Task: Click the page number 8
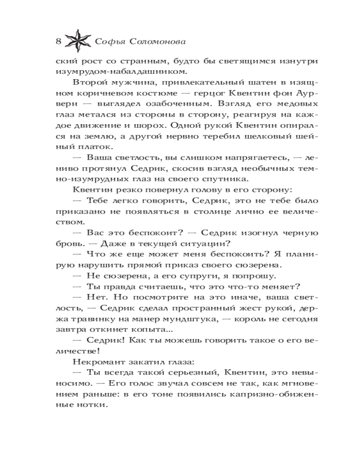pos(58,42)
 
